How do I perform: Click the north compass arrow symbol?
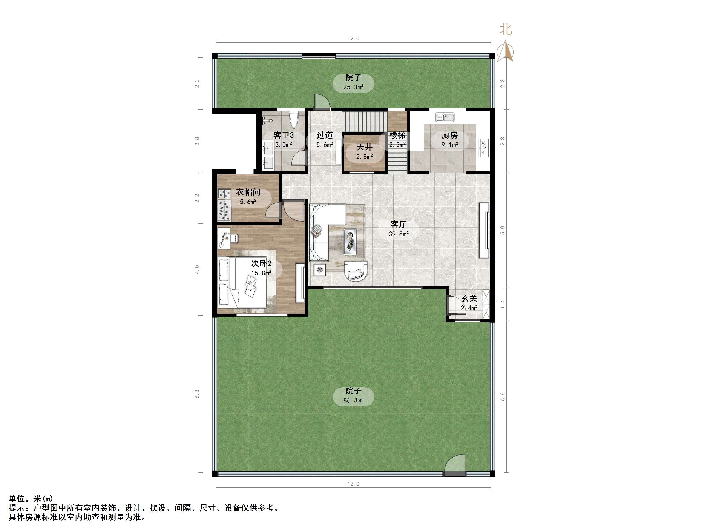pos(505,51)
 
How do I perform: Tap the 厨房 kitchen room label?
pos(449,135)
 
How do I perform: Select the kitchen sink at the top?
pos(445,117)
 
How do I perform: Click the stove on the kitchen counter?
pos(483,147)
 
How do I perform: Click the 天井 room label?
pos(364,147)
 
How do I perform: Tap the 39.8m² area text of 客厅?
pos(399,234)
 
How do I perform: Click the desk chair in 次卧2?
pos(234,238)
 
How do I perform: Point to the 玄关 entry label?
pos(469,298)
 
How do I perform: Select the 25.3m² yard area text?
pos(353,87)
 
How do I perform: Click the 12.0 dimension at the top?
pos(353,39)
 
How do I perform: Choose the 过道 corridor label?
pos(325,135)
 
